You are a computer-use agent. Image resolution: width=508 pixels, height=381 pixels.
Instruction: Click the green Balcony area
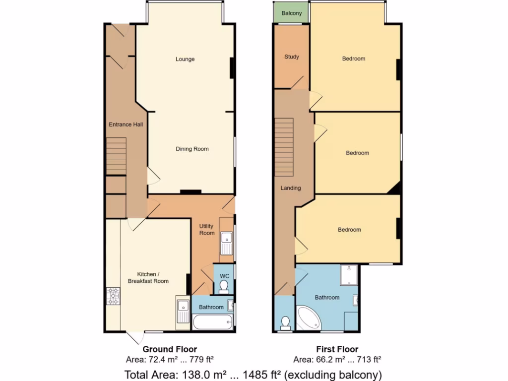[x=291, y=13]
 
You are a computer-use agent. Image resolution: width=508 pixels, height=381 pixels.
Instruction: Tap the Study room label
[x=292, y=57]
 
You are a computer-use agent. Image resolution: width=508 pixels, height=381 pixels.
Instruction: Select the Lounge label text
[x=185, y=59]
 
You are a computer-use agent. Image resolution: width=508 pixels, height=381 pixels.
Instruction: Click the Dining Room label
[x=192, y=149]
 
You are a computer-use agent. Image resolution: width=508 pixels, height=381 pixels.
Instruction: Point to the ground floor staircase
[x=116, y=157]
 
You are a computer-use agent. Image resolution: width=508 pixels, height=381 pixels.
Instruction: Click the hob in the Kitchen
[x=113, y=297]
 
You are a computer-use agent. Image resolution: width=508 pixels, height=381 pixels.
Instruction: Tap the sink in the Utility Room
[x=226, y=243]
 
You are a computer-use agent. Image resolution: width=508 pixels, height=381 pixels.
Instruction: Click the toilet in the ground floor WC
[x=224, y=286]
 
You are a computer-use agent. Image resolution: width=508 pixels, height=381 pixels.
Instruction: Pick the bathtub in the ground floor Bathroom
[x=212, y=323]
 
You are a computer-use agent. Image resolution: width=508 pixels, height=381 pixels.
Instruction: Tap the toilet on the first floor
[x=285, y=323]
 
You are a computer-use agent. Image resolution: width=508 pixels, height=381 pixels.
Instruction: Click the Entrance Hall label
[x=126, y=125]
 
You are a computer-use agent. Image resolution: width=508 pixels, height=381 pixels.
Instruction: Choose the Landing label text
[x=291, y=188]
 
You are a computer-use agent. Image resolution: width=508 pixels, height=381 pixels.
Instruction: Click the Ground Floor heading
[x=170, y=349]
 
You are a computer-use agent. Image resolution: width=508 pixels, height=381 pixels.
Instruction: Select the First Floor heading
[x=337, y=349]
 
